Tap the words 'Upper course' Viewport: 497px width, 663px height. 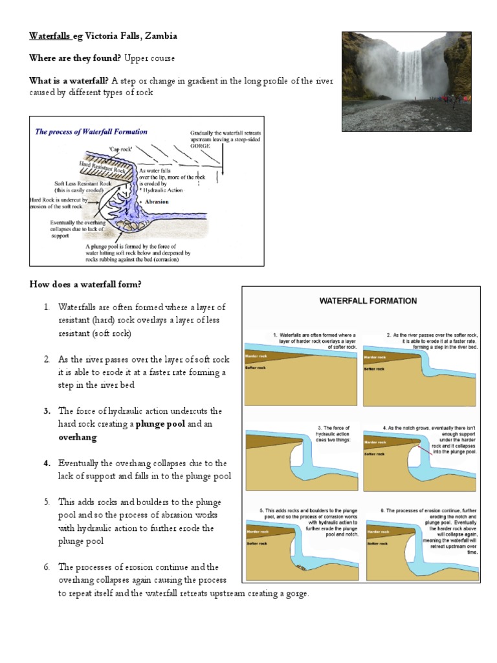tap(149, 58)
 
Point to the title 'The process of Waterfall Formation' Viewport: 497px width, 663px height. tap(91, 131)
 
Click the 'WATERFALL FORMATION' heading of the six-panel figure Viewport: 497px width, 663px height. tap(366, 301)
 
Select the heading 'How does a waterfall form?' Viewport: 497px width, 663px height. tap(85, 285)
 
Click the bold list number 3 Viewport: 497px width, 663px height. tap(47, 411)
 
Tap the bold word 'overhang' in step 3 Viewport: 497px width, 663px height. tap(78, 438)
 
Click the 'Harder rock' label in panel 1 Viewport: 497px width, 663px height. tap(256, 356)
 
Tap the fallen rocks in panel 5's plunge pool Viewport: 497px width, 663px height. tap(302, 567)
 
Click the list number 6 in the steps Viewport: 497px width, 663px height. tap(47, 567)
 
